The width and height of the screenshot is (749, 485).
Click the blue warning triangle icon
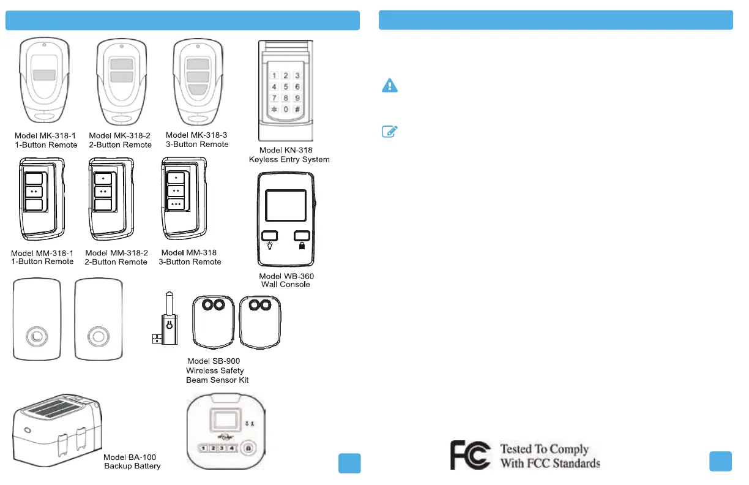coord(390,86)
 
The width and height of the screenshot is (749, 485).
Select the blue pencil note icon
coord(390,131)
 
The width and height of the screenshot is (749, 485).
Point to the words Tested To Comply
coord(545,449)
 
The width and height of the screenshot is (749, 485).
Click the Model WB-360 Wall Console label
coord(286,280)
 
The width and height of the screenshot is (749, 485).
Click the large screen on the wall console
coord(286,205)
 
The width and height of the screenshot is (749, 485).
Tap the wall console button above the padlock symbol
coord(301,235)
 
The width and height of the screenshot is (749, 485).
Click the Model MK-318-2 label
coord(120,140)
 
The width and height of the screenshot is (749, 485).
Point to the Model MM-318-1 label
coord(42,257)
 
